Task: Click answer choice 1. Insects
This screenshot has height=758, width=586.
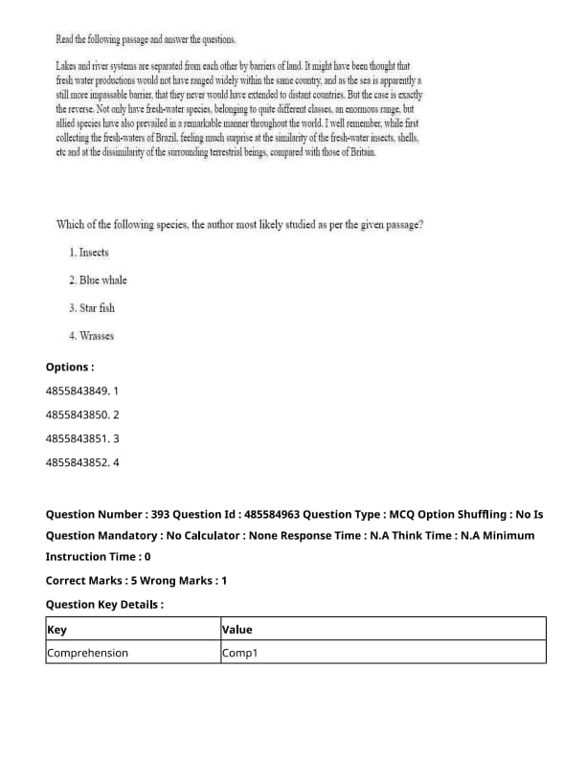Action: (89, 253)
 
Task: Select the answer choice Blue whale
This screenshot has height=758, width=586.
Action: (98, 280)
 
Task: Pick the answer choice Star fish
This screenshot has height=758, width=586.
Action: (92, 308)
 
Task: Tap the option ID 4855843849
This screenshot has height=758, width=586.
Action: (77, 391)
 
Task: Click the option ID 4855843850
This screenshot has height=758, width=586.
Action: (77, 415)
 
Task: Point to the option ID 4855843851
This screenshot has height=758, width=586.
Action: (77, 439)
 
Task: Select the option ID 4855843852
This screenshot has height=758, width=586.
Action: (77, 463)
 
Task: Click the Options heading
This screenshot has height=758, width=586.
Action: (70, 368)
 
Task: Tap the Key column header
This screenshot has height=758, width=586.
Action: (56, 630)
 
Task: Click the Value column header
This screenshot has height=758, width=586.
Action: (237, 630)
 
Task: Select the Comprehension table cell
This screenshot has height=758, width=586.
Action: (87, 653)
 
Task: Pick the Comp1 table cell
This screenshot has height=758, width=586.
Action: (240, 653)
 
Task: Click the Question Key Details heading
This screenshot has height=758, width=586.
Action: (104, 605)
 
